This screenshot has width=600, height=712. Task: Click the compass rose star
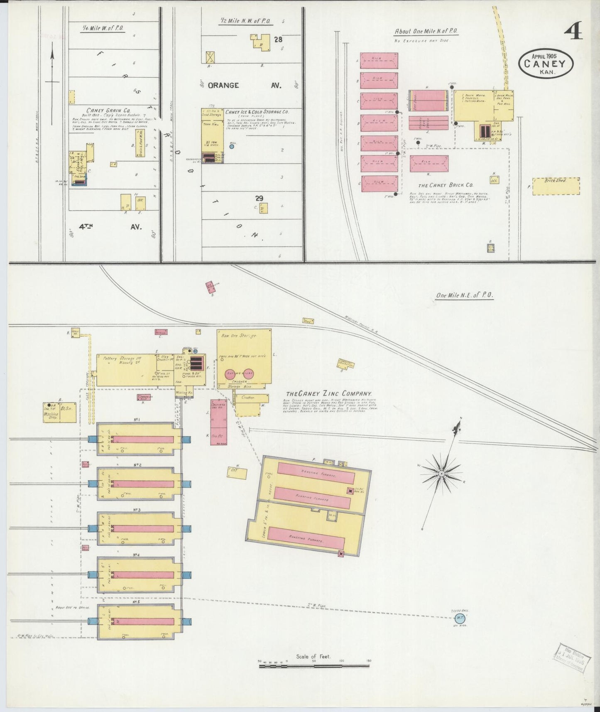pos(442,473)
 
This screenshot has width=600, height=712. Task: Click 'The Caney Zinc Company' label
pos(328,394)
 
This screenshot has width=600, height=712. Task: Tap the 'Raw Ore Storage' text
pos(238,335)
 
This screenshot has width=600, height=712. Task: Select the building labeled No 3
pos(139,529)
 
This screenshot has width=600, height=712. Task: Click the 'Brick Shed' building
pos(556,186)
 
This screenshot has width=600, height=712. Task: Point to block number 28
pos(278,39)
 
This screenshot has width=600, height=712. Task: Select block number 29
pos(259,199)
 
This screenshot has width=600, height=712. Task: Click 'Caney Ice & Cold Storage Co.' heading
pos(257,112)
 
